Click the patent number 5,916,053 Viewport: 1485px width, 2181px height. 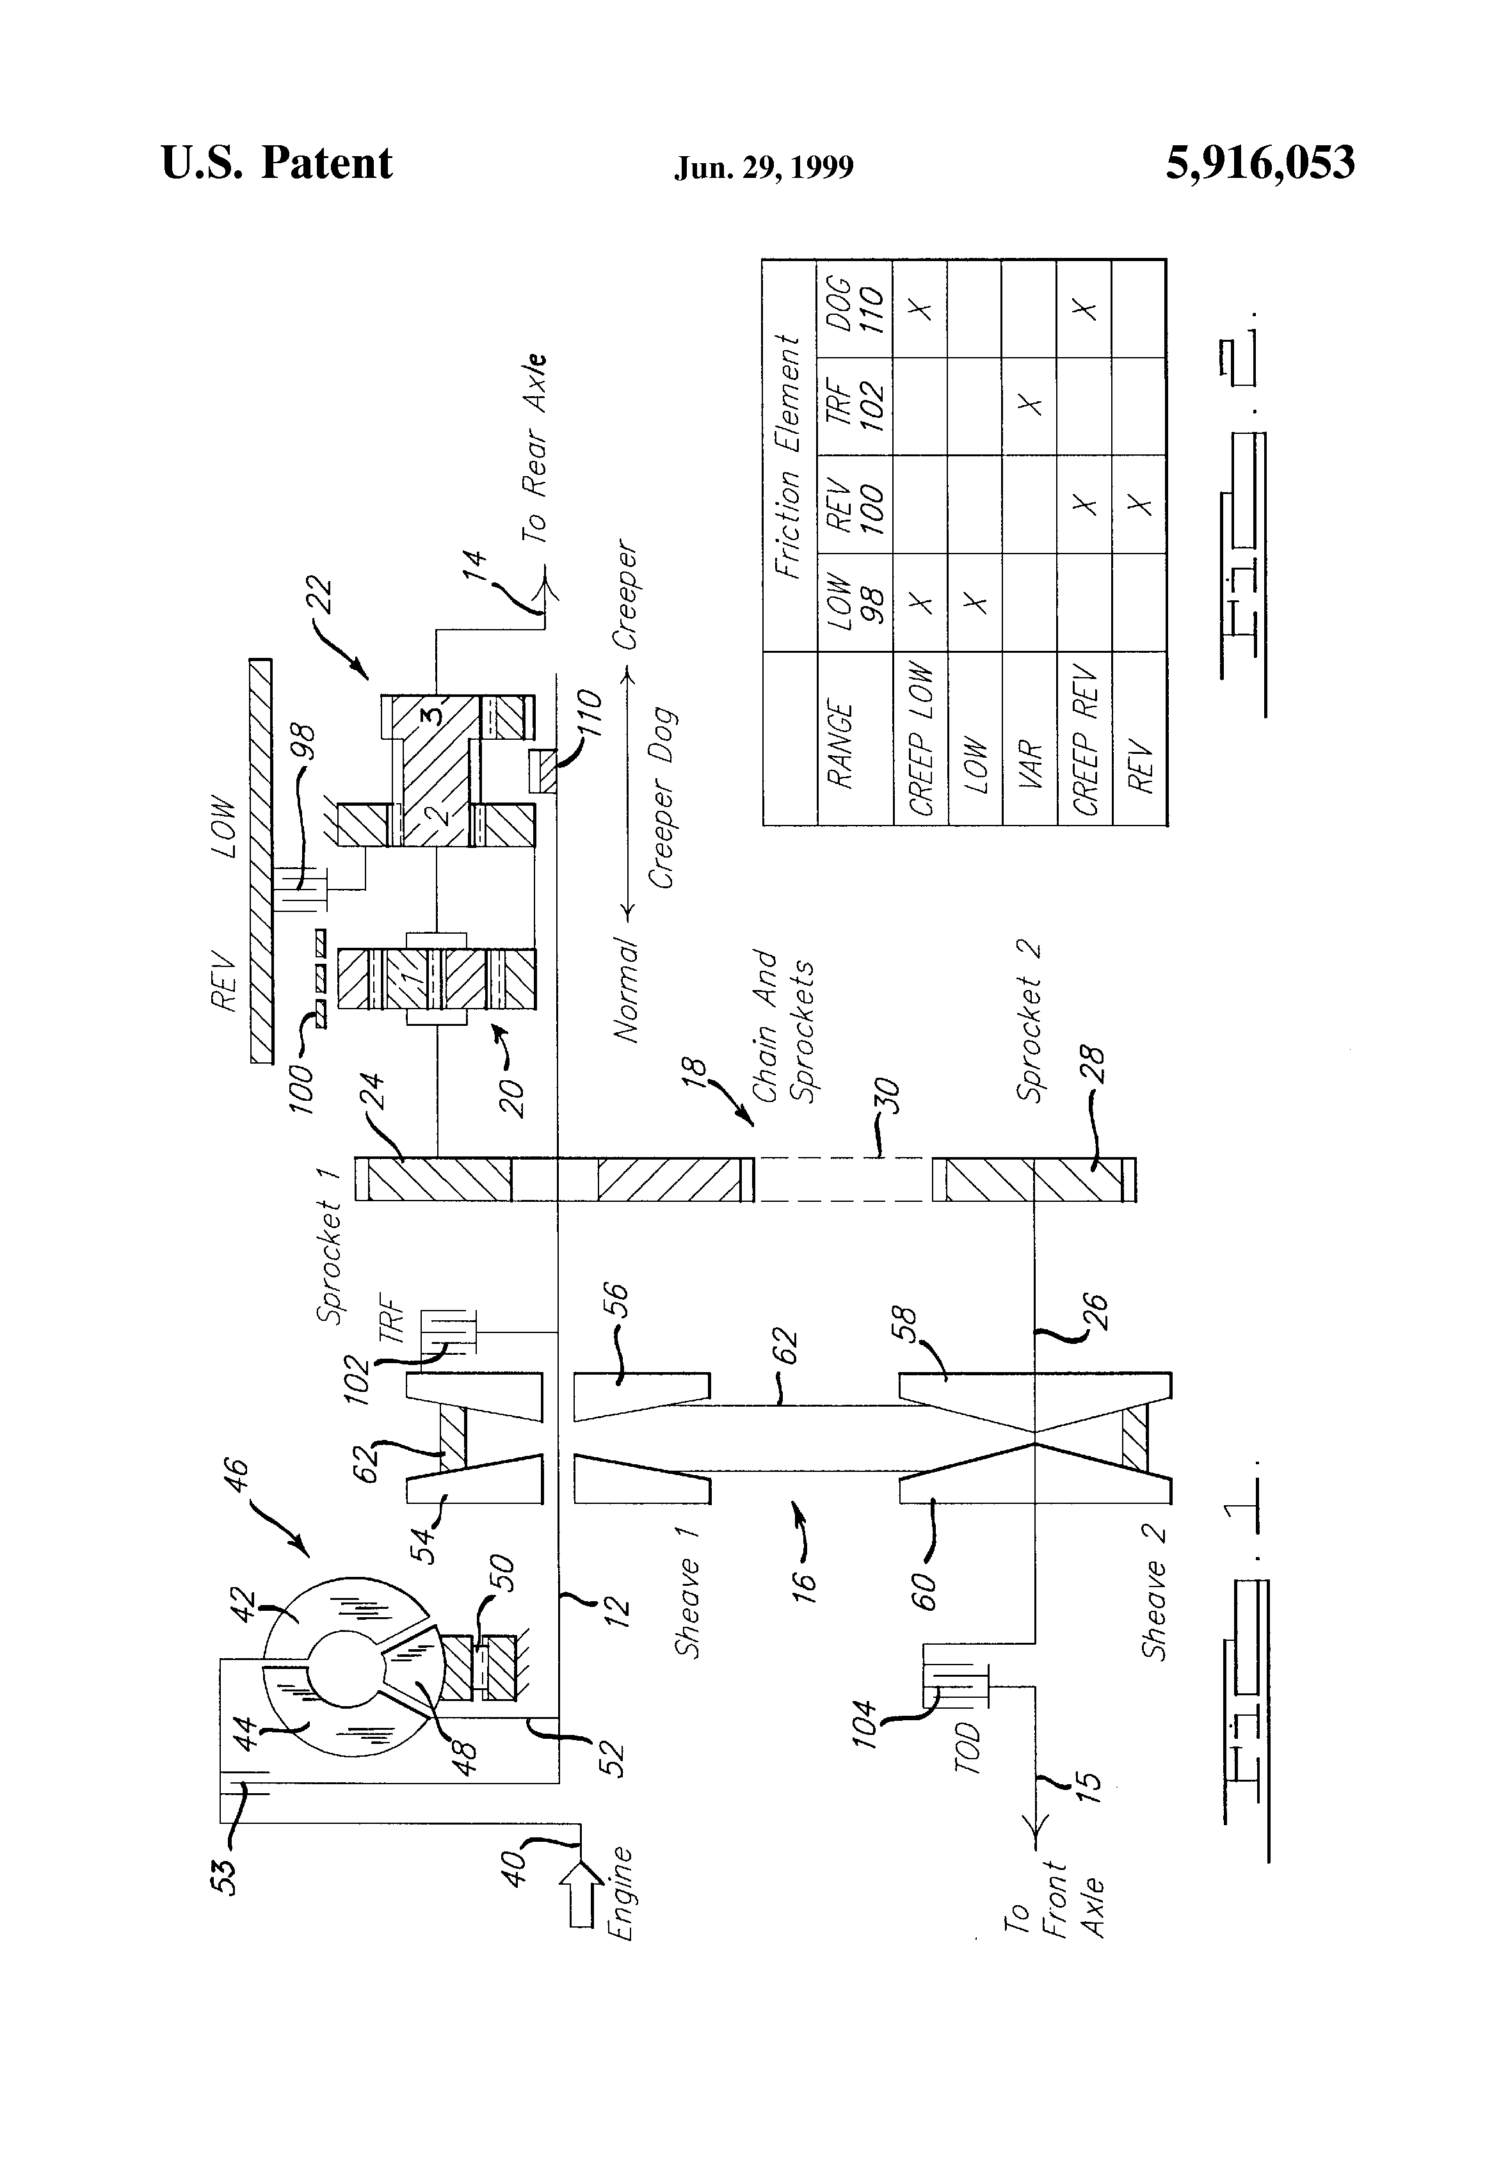point(1260,163)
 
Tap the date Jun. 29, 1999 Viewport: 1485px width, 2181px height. point(763,167)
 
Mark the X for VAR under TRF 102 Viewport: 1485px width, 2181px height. point(1030,406)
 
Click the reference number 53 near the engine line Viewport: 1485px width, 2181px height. point(225,1867)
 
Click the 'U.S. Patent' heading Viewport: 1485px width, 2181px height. point(277,163)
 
